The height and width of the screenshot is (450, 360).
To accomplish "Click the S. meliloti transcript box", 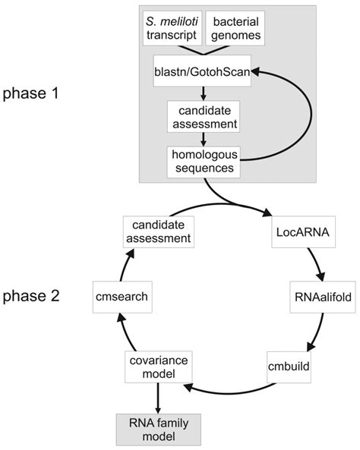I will pyautogui.click(x=173, y=27).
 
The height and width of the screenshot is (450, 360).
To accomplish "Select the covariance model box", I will pyautogui.click(x=160, y=367).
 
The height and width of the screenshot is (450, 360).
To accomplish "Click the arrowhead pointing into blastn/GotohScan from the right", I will pyautogui.click(x=257, y=71).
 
